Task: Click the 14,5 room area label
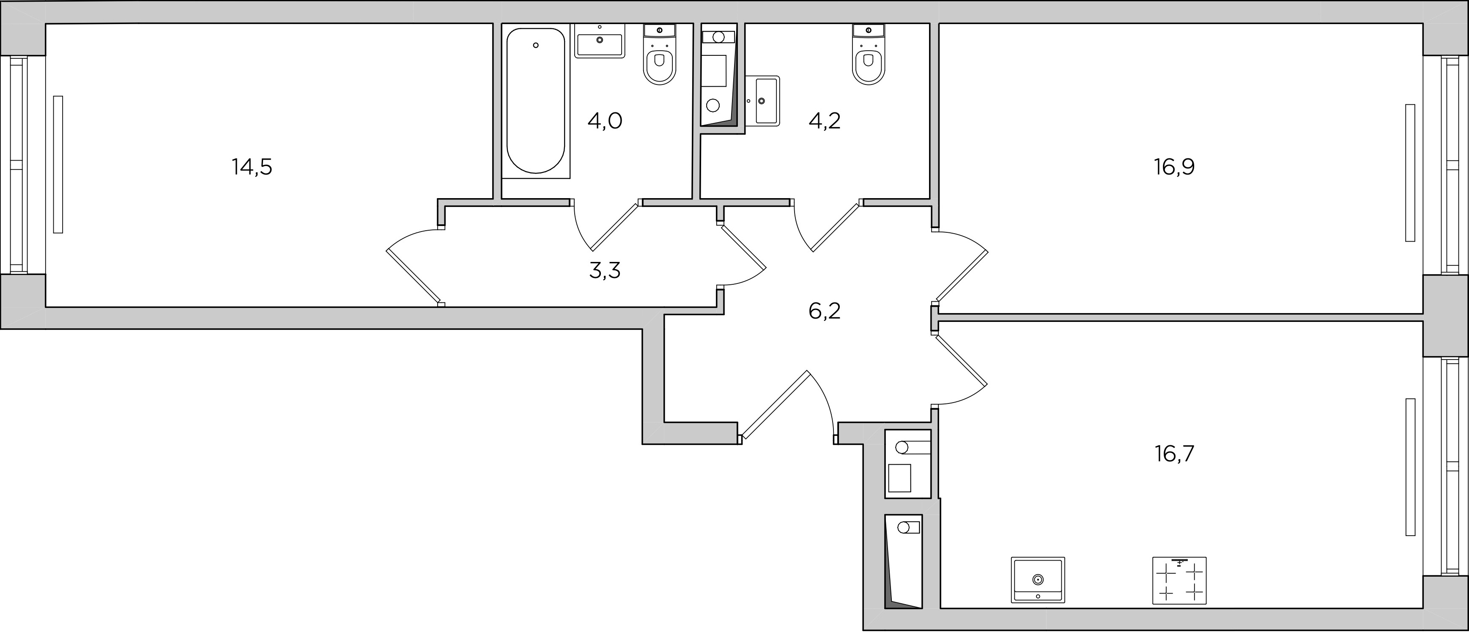(252, 168)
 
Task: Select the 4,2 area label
(825, 121)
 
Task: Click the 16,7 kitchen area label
(1175, 455)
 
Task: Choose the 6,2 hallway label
(825, 312)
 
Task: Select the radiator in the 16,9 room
(1410, 173)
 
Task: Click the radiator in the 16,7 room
(1410, 467)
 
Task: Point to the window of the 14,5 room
(17, 165)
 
